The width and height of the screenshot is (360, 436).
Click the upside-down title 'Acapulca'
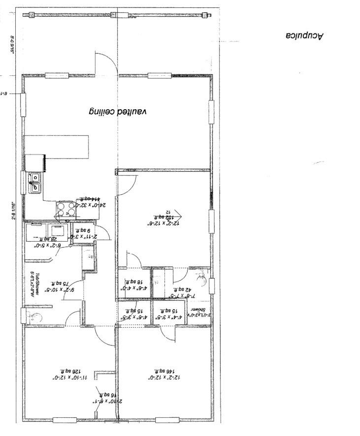click(305, 35)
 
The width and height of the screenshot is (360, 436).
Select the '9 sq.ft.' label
click(82, 229)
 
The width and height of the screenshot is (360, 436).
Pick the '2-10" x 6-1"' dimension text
click(103, 401)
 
